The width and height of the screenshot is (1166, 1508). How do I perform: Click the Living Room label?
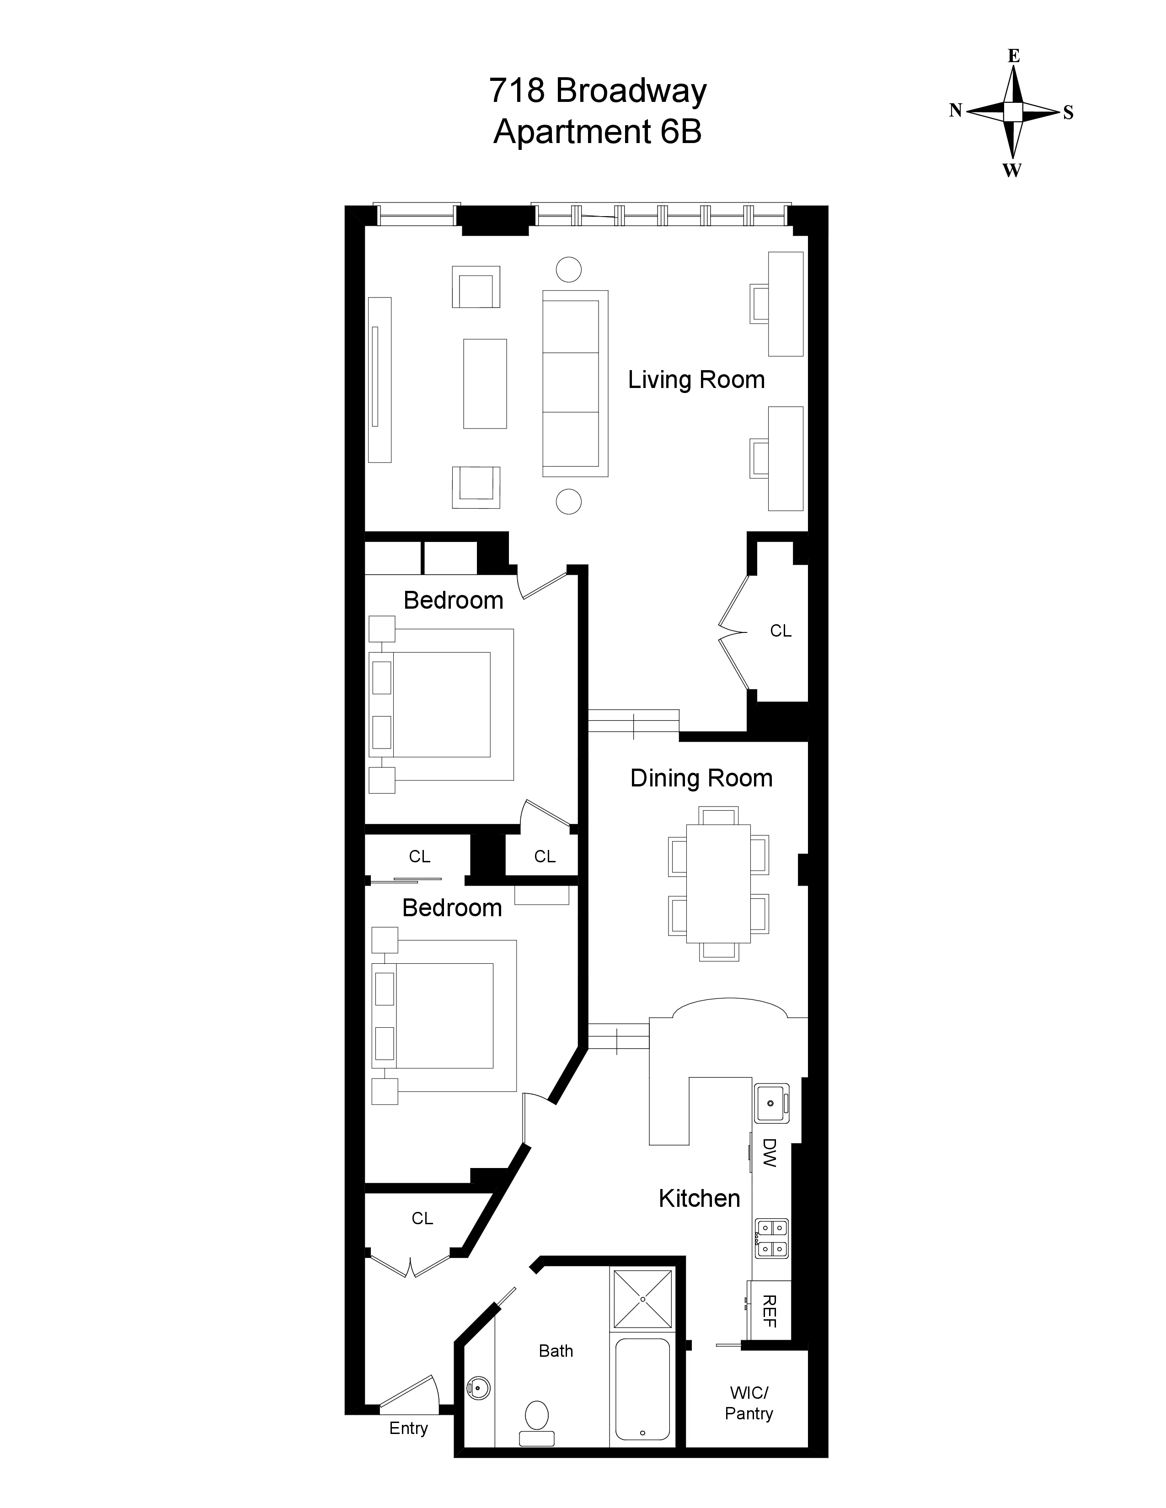(x=695, y=380)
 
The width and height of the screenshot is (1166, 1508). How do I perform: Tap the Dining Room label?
(x=701, y=778)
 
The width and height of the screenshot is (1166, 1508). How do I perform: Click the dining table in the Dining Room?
(x=718, y=884)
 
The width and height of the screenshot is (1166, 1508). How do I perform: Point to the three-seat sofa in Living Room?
(x=575, y=383)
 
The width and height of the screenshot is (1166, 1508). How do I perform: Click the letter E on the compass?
(x=1013, y=56)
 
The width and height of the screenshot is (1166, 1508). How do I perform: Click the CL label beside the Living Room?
(x=781, y=631)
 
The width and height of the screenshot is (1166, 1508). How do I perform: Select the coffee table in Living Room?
(x=485, y=383)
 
